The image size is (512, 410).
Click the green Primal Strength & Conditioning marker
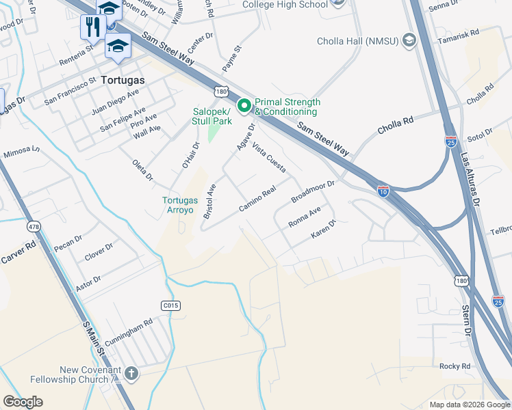click(244, 106)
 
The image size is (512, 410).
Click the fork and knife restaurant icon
click(91, 27)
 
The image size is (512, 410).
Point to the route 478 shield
click(33, 225)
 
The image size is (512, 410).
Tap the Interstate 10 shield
click(383, 192)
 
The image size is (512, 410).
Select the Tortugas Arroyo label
click(181, 205)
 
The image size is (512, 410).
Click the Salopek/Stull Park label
click(212, 116)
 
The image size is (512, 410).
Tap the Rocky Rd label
click(455, 366)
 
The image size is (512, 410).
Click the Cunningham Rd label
click(129, 335)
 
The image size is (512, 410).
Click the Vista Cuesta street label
click(269, 158)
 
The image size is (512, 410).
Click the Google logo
click(23, 402)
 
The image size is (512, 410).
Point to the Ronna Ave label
click(305, 218)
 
